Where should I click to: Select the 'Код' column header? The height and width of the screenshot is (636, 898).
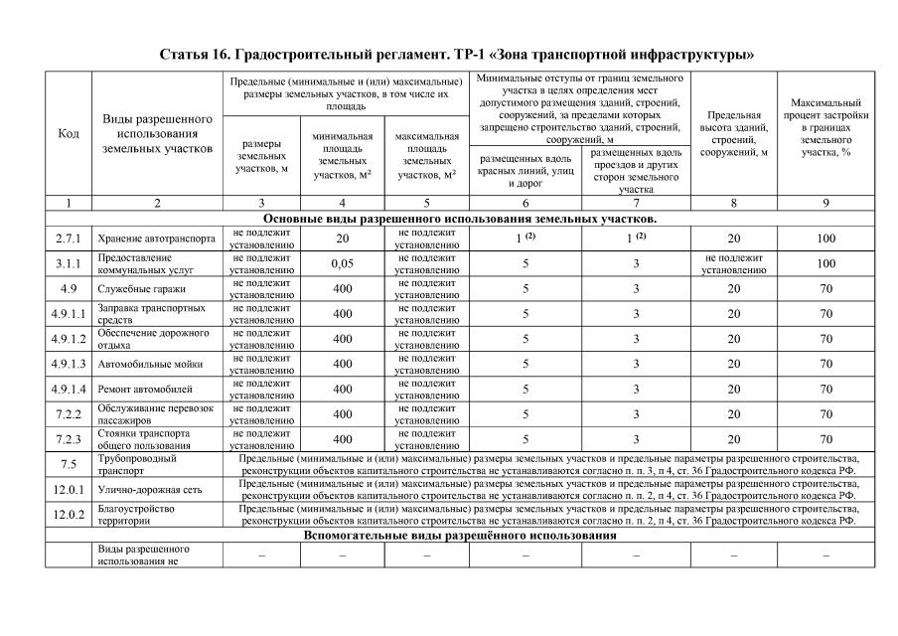pyautogui.click(x=69, y=134)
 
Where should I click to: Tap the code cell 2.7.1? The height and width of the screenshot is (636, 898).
pyautogui.click(x=69, y=239)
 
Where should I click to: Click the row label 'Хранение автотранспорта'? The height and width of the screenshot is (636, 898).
pyautogui.click(x=156, y=239)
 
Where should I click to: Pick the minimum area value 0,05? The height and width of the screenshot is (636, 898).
pyautogui.click(x=342, y=264)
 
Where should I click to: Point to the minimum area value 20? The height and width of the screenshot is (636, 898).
pyautogui.click(x=342, y=239)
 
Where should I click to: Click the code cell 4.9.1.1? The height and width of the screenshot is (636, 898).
pyautogui.click(x=69, y=314)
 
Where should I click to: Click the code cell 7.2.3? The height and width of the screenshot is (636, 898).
pyautogui.click(x=69, y=439)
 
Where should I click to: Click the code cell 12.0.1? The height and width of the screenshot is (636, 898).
pyautogui.click(x=69, y=490)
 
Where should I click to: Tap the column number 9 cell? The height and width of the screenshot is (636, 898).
pyautogui.click(x=825, y=203)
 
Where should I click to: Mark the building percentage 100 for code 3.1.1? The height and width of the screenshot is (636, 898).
pyautogui.click(x=825, y=264)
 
